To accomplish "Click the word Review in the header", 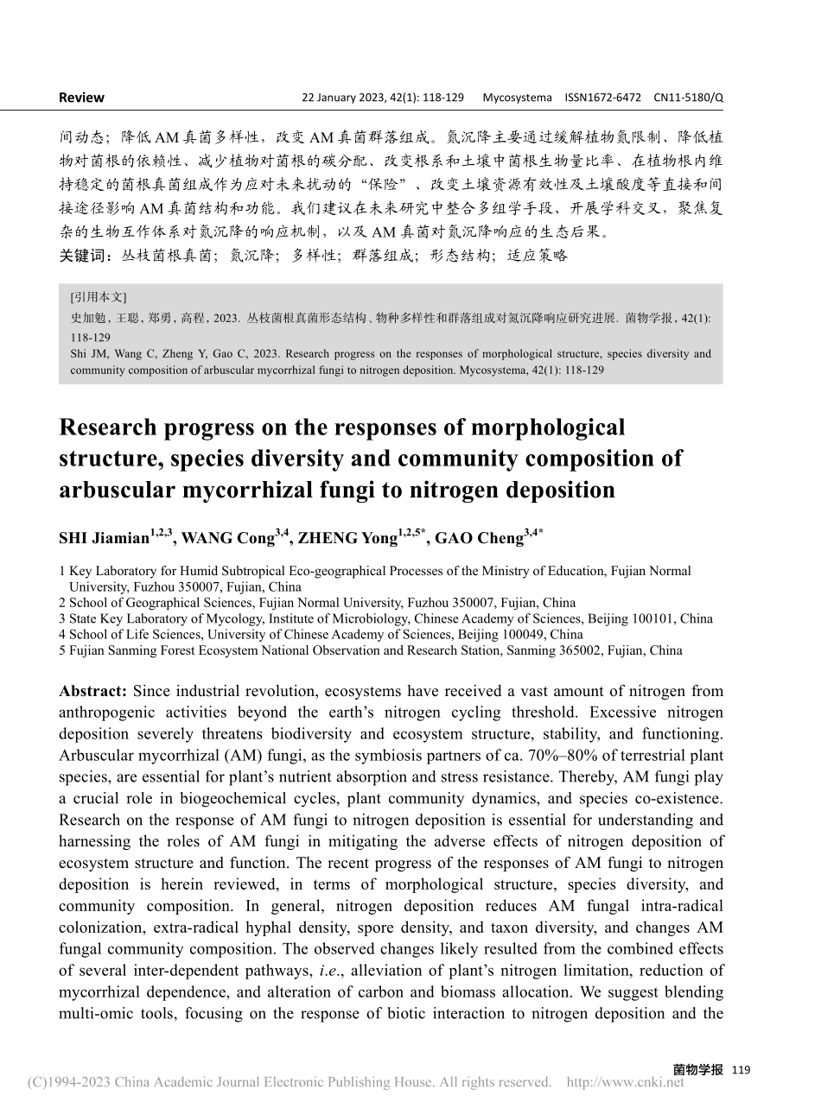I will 81,98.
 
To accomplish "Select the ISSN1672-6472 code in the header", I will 602,98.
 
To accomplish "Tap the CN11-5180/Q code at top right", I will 688,98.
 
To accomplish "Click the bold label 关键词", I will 83,256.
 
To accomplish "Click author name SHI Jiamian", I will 104,538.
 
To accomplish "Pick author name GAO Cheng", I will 478,538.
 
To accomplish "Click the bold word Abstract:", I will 93,691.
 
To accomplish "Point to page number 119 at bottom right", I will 741,1070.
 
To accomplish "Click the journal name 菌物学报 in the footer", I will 697,1070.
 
